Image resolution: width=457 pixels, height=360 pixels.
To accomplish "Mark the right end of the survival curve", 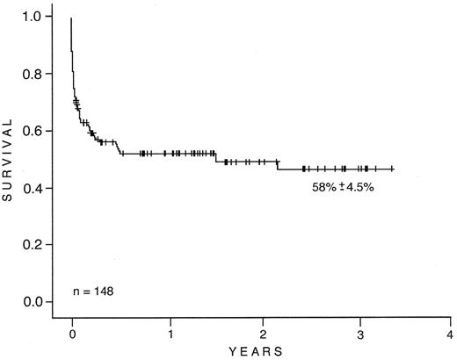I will pyautogui.click(x=392, y=169).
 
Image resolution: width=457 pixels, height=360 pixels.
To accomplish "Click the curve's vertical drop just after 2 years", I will pyautogui.click(x=278, y=165).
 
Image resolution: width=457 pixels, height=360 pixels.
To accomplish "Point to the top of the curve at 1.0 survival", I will pyautogui.click(x=71, y=18).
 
